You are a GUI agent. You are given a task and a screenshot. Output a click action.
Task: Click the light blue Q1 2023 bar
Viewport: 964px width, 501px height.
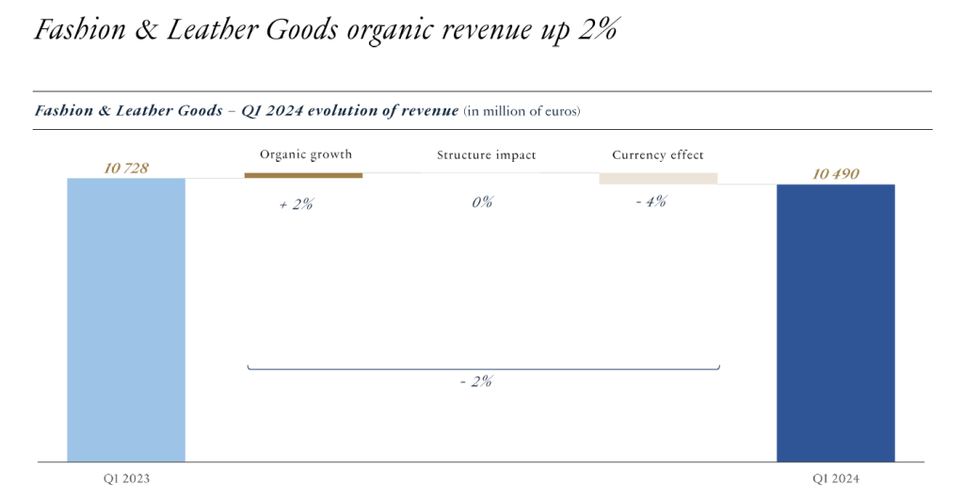(x=126, y=319)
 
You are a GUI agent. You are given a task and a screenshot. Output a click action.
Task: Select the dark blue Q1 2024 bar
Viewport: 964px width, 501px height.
(x=835, y=322)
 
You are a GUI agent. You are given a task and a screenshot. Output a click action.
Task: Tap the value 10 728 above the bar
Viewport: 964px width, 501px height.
(x=126, y=168)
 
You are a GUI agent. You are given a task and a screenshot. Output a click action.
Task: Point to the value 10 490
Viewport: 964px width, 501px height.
(x=835, y=174)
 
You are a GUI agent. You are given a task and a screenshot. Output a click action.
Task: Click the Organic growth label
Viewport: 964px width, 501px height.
(x=305, y=154)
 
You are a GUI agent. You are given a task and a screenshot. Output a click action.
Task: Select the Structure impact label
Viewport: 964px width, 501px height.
(x=486, y=154)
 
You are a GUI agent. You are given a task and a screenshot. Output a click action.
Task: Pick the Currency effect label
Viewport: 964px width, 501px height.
(x=657, y=154)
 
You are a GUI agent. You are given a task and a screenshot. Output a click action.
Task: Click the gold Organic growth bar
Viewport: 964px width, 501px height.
(x=303, y=175)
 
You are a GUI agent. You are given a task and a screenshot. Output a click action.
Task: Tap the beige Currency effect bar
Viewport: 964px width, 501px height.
(x=658, y=178)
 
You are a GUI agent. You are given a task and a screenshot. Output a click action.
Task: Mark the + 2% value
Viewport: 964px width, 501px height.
(x=296, y=203)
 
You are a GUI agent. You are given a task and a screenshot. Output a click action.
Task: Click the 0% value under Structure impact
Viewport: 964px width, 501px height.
(x=482, y=202)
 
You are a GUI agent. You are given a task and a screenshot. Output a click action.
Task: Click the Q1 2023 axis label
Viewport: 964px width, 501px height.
(x=126, y=478)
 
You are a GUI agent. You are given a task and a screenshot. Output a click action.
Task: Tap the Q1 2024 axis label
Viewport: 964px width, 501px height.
(x=835, y=478)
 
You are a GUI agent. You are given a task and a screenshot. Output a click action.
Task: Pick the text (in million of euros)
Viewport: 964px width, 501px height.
(x=522, y=111)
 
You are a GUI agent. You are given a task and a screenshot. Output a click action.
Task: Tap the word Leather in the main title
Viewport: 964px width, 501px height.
(x=213, y=29)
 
